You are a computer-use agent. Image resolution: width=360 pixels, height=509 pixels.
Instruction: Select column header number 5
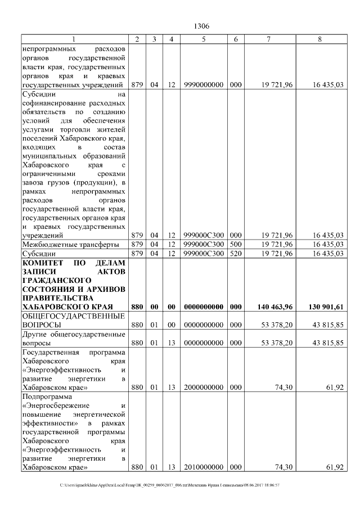click(204, 39)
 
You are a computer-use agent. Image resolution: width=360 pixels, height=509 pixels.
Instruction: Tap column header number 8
click(320, 39)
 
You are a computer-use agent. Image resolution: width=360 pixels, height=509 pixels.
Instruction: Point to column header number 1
click(73, 39)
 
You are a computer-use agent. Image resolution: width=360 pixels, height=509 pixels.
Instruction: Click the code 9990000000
click(204, 85)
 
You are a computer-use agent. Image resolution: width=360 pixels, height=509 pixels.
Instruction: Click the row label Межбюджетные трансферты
click(70, 244)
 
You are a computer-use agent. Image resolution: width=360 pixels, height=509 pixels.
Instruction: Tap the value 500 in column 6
click(236, 244)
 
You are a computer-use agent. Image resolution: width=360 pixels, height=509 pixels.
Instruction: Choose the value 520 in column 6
click(236, 253)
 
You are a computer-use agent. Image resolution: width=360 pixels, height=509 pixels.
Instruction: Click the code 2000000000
click(204, 388)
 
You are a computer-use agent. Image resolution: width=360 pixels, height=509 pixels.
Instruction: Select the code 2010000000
click(204, 467)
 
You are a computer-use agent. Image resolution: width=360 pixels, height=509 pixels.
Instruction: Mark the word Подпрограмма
click(46, 397)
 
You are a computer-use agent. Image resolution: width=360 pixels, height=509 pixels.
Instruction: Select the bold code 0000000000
click(204, 307)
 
